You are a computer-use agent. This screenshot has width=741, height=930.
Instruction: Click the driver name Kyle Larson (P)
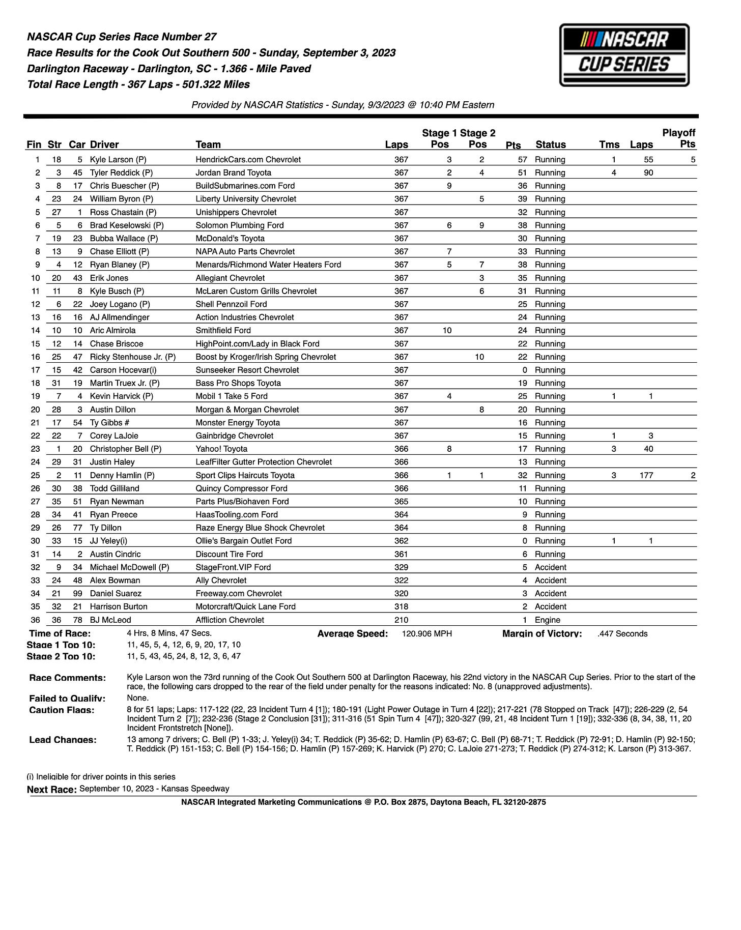(x=118, y=159)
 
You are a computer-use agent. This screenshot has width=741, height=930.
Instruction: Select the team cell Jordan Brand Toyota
(x=233, y=172)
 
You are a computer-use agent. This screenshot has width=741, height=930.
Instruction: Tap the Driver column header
(x=104, y=144)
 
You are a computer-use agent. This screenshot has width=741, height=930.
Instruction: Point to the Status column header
(x=551, y=144)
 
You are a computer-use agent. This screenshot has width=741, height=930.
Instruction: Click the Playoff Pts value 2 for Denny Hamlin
(x=693, y=475)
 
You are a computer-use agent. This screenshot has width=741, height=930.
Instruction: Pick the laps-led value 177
(x=646, y=475)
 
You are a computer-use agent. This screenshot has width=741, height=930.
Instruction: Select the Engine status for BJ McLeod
(x=547, y=620)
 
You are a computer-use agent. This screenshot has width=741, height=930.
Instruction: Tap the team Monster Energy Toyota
(x=238, y=422)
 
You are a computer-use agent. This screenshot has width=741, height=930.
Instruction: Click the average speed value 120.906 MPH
(x=426, y=633)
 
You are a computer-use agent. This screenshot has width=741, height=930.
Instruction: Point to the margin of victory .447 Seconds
(x=622, y=633)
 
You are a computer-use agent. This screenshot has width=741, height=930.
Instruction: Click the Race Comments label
(x=67, y=678)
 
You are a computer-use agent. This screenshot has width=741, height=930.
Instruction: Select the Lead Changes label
(x=63, y=740)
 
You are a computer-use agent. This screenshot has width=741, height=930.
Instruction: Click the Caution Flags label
(x=62, y=710)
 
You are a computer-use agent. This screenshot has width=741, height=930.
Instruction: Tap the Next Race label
(x=51, y=789)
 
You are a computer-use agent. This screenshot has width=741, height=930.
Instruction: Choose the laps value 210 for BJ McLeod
(x=401, y=620)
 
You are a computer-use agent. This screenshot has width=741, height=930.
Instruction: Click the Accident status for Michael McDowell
(x=550, y=567)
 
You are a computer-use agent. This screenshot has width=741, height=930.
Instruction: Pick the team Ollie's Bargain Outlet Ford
(x=243, y=541)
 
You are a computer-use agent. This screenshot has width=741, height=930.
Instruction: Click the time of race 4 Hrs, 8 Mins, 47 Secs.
(x=169, y=633)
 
